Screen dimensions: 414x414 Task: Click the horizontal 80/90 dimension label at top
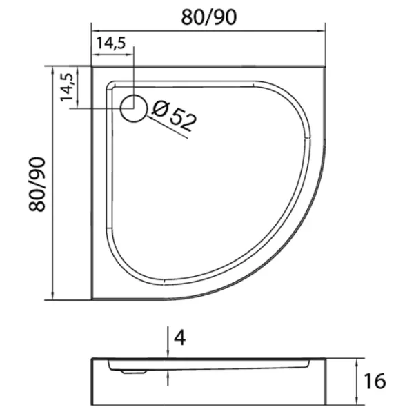coord(208,18)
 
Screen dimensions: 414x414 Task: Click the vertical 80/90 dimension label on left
coord(37,184)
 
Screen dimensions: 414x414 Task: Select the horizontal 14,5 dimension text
coord(110,43)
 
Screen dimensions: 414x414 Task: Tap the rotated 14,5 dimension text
coord(66,87)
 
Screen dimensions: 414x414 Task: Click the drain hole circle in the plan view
coord(134,108)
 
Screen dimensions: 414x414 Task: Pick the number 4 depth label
coord(180,337)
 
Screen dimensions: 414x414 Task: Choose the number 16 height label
coord(375,381)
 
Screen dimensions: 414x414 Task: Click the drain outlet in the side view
coord(134,372)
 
